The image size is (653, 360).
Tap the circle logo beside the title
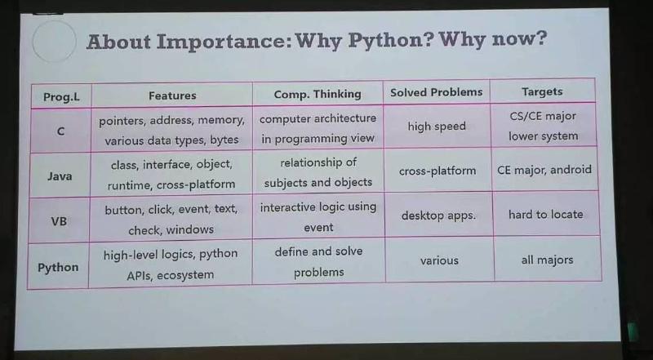coord(54,42)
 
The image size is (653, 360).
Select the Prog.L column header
coord(61,97)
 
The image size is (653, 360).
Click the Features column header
coord(172,96)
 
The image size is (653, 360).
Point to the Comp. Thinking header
coord(318,94)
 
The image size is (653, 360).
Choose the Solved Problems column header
coord(437,92)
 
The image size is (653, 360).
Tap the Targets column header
coord(542,91)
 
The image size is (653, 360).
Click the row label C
coord(60,131)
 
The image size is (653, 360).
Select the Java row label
coord(60,176)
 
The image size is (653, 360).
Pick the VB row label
coord(59,221)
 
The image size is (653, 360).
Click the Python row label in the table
coord(58,268)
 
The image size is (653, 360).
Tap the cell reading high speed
coord(437,127)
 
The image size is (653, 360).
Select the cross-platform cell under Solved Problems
coord(438,171)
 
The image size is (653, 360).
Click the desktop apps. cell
coord(438,216)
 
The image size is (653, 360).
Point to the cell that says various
coord(439,261)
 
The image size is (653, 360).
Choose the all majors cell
coord(547,260)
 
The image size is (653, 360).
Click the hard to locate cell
coord(545,215)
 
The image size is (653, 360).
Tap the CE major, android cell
coord(544,170)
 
